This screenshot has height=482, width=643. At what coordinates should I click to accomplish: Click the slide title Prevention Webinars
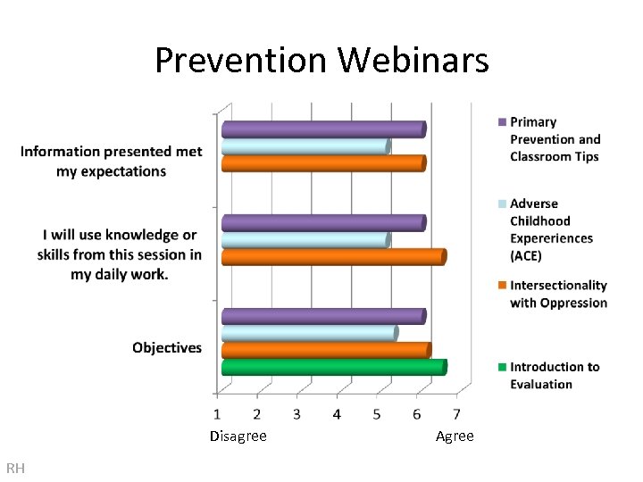[x=321, y=61]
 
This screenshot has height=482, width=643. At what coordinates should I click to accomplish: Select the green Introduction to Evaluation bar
[x=333, y=367]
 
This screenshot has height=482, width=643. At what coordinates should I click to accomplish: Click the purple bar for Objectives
[x=322, y=316]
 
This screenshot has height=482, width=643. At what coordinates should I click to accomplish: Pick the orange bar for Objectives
[x=325, y=350]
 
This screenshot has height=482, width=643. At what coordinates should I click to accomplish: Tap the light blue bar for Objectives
[x=309, y=333]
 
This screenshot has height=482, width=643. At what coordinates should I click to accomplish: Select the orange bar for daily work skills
[x=332, y=257]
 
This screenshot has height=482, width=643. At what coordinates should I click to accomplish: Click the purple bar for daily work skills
[x=322, y=223]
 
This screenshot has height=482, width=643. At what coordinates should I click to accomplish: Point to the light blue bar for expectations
[x=305, y=146]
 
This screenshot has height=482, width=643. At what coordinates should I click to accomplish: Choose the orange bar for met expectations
[x=322, y=163]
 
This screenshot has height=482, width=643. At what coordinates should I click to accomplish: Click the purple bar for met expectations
[x=322, y=129]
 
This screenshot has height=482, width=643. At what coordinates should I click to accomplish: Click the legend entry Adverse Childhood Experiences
[x=550, y=229]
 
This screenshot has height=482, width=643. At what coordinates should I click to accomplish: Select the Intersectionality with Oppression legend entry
[x=557, y=294]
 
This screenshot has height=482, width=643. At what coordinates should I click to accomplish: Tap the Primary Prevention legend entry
[x=554, y=139]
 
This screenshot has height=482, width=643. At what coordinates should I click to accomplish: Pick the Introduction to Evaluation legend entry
[x=554, y=375]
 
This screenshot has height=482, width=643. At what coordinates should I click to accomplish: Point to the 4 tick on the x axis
[x=337, y=414]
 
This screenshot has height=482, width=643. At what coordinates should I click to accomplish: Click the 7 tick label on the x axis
[x=456, y=414]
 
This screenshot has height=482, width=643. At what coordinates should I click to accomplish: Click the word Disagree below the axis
[x=238, y=436]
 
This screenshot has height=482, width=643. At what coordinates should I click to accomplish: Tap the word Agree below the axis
[x=455, y=436]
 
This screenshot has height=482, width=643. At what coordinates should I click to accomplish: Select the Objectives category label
[x=167, y=347]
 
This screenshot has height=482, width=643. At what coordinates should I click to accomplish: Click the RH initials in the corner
[x=15, y=469]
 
